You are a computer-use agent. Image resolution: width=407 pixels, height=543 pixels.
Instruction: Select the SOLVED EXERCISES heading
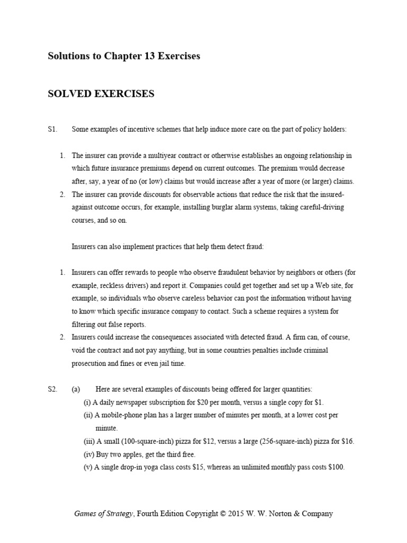pos(101,94)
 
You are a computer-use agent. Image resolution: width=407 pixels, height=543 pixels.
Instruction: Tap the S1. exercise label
pos(52,129)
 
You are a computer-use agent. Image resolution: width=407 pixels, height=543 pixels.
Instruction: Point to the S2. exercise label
pos(52,389)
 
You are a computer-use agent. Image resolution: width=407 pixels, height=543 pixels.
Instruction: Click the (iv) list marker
pos(88,454)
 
